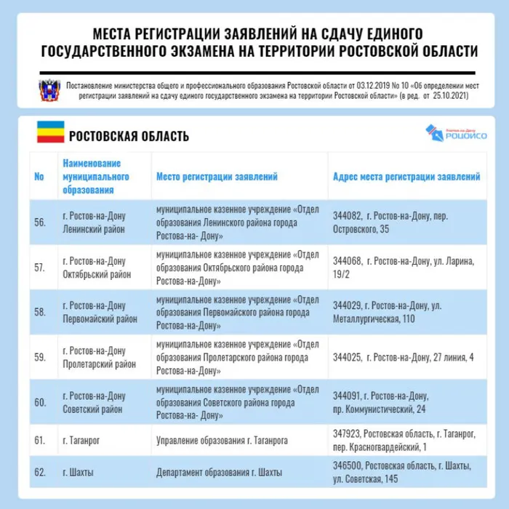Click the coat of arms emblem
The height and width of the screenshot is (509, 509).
49,90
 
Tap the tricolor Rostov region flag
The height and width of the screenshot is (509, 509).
50,133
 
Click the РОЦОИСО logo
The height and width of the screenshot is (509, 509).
456,133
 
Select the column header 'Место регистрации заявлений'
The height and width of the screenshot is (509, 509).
217,177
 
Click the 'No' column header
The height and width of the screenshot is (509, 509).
39,177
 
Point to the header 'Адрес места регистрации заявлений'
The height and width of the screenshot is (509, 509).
406,177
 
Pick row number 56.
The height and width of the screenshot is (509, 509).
40,223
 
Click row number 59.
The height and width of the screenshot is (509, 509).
40,357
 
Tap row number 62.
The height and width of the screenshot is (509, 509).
40,473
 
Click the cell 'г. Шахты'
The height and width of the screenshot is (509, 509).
78,473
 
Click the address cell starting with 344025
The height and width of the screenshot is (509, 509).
403,357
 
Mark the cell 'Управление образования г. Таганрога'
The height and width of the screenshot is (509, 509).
222,440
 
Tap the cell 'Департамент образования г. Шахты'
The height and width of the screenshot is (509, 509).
219,473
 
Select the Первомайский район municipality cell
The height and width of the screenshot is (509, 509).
100,312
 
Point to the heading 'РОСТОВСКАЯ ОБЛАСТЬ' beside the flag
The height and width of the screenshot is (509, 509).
129,136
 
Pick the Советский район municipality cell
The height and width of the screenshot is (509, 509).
94,402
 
